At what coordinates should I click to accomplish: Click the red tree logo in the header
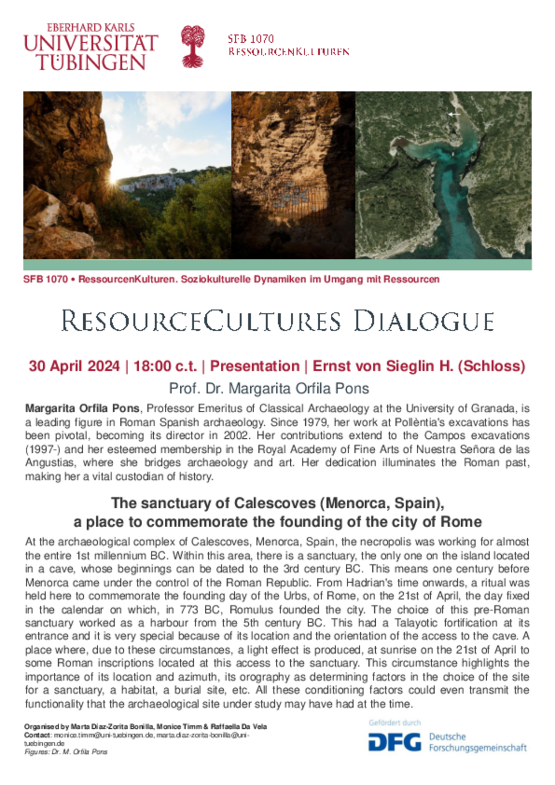point(193,46)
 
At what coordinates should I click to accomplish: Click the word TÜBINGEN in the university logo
point(91,62)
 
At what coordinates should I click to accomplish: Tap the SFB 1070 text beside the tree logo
point(251,39)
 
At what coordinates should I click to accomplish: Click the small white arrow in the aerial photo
point(454,114)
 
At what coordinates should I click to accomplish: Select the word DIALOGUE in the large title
point(424,321)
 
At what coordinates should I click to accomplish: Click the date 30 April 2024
point(74,366)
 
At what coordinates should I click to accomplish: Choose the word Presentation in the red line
point(255,366)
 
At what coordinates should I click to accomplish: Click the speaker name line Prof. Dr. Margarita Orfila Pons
point(269,389)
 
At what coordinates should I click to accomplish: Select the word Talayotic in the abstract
point(416,623)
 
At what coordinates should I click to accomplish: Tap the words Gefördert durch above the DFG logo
point(395,723)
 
